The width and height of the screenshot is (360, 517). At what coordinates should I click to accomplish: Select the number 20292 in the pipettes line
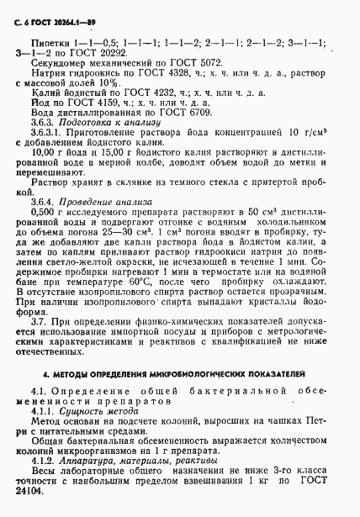[96, 50]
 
